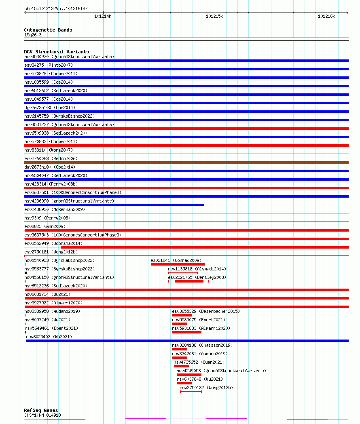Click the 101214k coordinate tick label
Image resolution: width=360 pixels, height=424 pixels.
pyautogui.click(x=103, y=16)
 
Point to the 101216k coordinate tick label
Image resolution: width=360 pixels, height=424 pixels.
pyautogui.click(x=326, y=16)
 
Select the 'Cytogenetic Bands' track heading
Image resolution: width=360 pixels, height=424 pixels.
pyautogui.click(x=48, y=30)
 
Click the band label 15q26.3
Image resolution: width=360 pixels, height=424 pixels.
pyautogui.click(x=33, y=35)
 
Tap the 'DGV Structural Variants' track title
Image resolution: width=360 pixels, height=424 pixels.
pyautogui.click(x=57, y=52)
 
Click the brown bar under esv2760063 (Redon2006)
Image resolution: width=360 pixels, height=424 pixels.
pyautogui.click(x=186, y=162)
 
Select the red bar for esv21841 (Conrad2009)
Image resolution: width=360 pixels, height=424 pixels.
pyautogui.click(x=178, y=264)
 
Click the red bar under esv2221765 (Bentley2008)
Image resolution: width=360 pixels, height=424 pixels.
pyautogui.click(x=189, y=281)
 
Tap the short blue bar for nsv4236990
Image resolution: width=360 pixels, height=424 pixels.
pyautogui.click(x=114, y=205)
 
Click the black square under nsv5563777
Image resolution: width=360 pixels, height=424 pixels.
pyautogui.click(x=26, y=273)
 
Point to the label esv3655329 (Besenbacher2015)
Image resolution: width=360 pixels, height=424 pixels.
pyautogui.click(x=205, y=311)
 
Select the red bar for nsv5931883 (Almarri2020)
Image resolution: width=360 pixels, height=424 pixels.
pyautogui.click(x=186, y=332)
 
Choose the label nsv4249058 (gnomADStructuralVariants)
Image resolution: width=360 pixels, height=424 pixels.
pyautogui.click(x=221, y=371)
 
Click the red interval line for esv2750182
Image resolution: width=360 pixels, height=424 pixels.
pyautogui.click(x=191, y=392)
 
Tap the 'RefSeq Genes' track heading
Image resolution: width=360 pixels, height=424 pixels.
pyautogui.click(x=41, y=410)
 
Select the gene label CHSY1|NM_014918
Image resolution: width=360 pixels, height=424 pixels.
pyautogui.click(x=42, y=415)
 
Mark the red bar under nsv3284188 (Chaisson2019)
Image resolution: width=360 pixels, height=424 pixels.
pyautogui.click(x=180, y=349)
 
